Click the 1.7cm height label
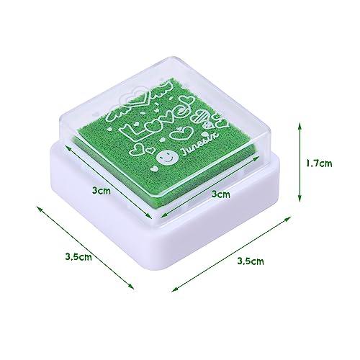pyautogui.click(x=317, y=164)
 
